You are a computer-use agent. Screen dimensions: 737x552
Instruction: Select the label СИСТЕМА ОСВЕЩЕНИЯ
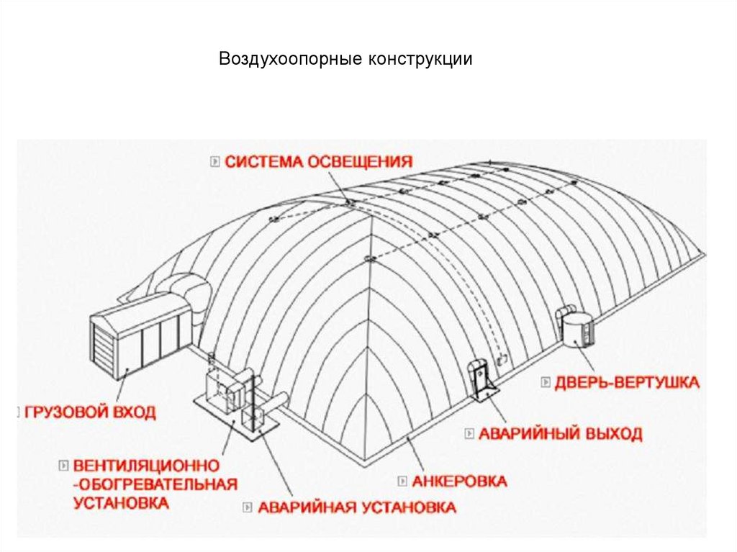click(x=319, y=161)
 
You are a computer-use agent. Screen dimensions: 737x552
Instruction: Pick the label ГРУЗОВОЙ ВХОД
click(x=90, y=413)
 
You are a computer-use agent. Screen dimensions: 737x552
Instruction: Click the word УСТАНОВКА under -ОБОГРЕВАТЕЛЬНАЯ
click(x=121, y=502)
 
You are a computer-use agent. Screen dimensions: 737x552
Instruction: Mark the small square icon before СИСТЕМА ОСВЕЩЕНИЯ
click(x=214, y=161)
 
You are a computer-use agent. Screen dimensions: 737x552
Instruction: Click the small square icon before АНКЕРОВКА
click(x=403, y=480)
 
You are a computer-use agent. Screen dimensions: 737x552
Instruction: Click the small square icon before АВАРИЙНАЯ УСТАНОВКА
click(x=247, y=507)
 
